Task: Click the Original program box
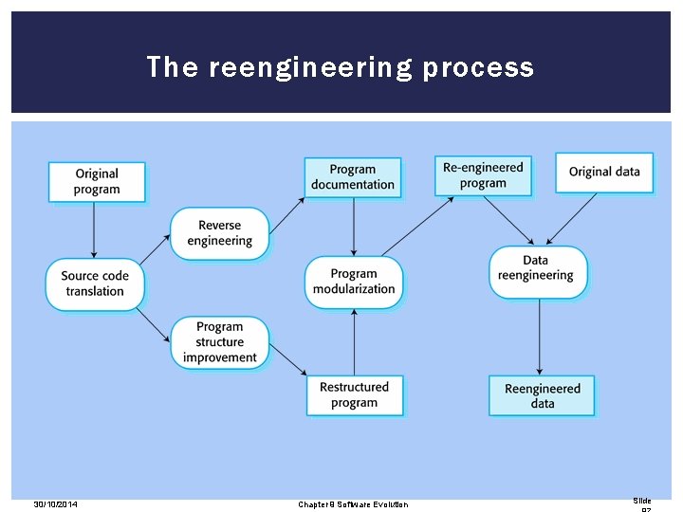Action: pyautogui.click(x=97, y=181)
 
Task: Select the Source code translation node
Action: pyautogui.click(x=95, y=283)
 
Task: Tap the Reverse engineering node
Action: pyautogui.click(x=219, y=233)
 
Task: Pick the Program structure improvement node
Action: pyautogui.click(x=219, y=342)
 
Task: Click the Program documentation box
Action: pyautogui.click(x=353, y=177)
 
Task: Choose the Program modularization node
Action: pyautogui.click(x=354, y=282)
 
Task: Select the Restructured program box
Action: pyautogui.click(x=354, y=394)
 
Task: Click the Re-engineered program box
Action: pyautogui.click(x=483, y=175)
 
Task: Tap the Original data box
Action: pyautogui.click(x=604, y=172)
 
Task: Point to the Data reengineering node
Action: pyautogui.click(x=538, y=268)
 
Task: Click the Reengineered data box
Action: pyautogui.click(x=542, y=395)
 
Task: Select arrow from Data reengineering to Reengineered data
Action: pyautogui.click(x=539, y=336)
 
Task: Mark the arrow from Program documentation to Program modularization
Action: pyautogui.click(x=354, y=227)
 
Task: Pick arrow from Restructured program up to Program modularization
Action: pyautogui.click(x=354, y=341)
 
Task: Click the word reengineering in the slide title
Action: pyautogui.click(x=311, y=67)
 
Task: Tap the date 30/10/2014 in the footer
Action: pyautogui.click(x=55, y=504)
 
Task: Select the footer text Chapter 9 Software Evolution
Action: pyautogui.click(x=353, y=504)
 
